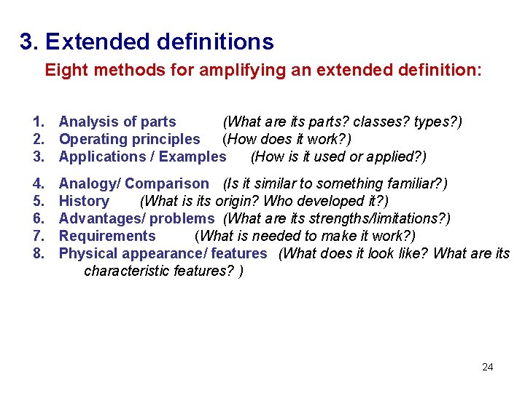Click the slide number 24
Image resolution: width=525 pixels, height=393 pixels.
488,367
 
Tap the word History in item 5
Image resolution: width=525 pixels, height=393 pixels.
84,201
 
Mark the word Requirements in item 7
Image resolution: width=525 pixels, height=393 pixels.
107,236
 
